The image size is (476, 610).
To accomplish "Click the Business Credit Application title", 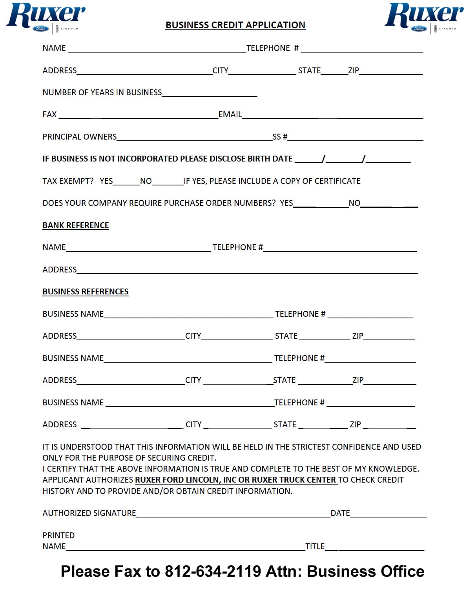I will click(x=235, y=25).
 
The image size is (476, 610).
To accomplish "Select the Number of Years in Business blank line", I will click(x=210, y=94).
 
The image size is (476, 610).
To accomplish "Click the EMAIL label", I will click(x=230, y=114).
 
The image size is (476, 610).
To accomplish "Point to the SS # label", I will click(x=280, y=137).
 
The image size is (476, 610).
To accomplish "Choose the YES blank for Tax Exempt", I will click(x=126, y=182).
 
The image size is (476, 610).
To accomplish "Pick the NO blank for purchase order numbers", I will click(x=388, y=205).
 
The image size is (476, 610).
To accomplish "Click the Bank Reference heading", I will click(x=76, y=225).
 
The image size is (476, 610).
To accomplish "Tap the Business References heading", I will click(x=86, y=292).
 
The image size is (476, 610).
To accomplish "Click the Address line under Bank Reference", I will click(x=247, y=271).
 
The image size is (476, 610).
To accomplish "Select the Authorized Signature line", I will click(x=233, y=515).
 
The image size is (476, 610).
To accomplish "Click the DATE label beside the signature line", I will click(x=340, y=513).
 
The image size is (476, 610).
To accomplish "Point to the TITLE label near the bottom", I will click(x=315, y=546).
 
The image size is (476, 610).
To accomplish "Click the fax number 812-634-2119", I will click(x=213, y=572).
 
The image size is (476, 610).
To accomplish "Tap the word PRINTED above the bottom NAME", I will click(x=58, y=536).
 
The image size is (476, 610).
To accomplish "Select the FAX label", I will click(x=49, y=114).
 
